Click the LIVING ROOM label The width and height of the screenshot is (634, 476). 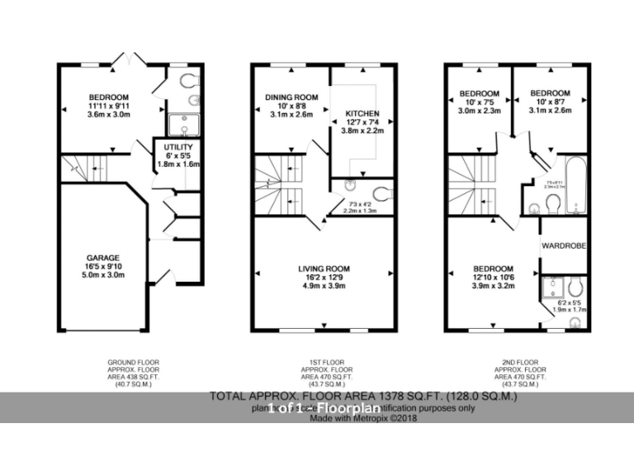tap(324, 269)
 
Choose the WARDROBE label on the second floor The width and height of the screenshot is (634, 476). tap(563, 245)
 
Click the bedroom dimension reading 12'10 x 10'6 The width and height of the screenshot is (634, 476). tap(494, 278)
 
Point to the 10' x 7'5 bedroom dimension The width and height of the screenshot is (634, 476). tap(479, 102)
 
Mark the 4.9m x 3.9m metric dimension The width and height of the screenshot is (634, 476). tap(324, 287)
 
